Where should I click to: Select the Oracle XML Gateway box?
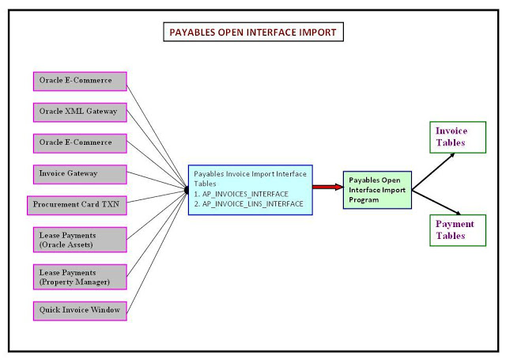coord(79,112)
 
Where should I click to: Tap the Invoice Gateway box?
coord(79,172)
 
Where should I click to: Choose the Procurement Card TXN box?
coord(77,204)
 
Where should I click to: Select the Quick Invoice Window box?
coord(79,310)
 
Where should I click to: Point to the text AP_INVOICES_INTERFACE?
coord(241,194)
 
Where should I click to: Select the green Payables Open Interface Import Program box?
coord(377,190)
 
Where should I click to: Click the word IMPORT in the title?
coord(315,33)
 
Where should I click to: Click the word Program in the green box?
coord(364,199)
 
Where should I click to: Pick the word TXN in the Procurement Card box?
coord(111,204)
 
